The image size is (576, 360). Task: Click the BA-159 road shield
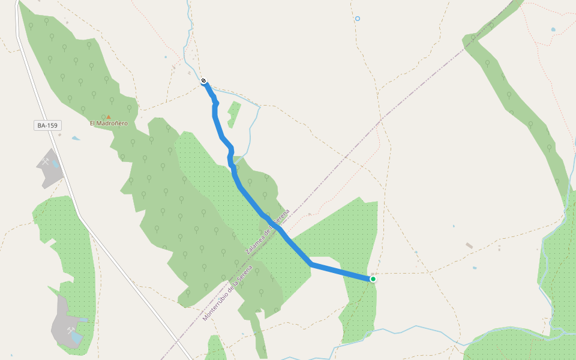(48, 125)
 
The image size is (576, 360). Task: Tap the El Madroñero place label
(109, 124)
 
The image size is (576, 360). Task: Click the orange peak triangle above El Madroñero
(109, 117)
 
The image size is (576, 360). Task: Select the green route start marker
(373, 279)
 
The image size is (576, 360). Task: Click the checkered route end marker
(204, 81)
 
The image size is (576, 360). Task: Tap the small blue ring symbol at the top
(358, 19)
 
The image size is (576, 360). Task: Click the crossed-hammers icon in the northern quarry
(46, 162)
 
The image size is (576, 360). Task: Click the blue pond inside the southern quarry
(76, 339)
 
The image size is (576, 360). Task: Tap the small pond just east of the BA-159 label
(76, 139)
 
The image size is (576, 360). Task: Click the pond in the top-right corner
(553, 29)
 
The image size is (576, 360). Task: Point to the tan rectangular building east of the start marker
(469, 245)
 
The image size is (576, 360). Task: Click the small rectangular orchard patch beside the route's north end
(234, 114)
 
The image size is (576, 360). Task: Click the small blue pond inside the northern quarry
(55, 163)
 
